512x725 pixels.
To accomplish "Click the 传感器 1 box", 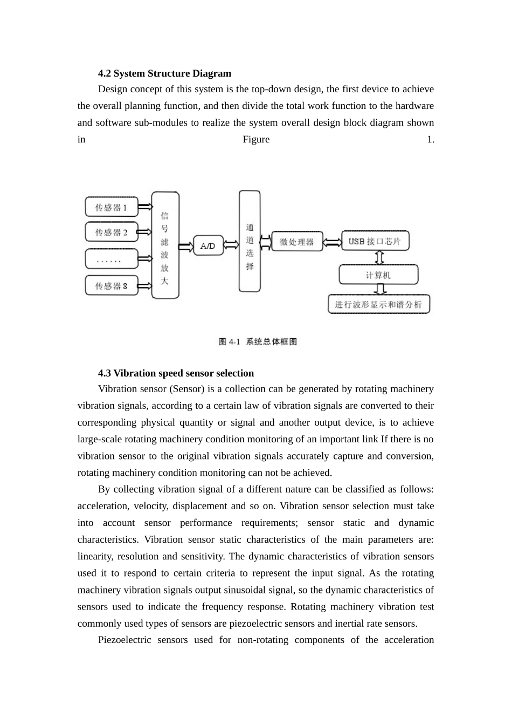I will (112, 207).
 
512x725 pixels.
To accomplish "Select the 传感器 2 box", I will (112, 232).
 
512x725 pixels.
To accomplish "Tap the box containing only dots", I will (112, 259).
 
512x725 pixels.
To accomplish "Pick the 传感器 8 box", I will (112, 285).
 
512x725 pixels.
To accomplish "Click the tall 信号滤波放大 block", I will (165, 245).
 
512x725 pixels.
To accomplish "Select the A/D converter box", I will (208, 246).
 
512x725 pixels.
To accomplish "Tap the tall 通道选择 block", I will (250, 241).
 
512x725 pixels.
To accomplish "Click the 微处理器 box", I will (296, 242).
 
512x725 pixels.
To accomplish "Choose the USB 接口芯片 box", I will (375, 241).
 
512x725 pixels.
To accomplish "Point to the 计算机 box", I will (378, 275).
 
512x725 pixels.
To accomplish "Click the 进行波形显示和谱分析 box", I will (378, 304).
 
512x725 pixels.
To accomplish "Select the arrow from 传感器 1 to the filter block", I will (145, 207).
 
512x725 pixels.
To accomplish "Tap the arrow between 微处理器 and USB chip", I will (332, 242).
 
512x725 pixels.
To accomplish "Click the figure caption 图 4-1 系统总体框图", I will (258, 341).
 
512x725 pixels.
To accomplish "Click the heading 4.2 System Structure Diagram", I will (164, 73).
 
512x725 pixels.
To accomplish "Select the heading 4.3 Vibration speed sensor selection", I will (176, 373).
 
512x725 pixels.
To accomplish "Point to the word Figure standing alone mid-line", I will (256, 140).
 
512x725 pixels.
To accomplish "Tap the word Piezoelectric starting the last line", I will (124, 640).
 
